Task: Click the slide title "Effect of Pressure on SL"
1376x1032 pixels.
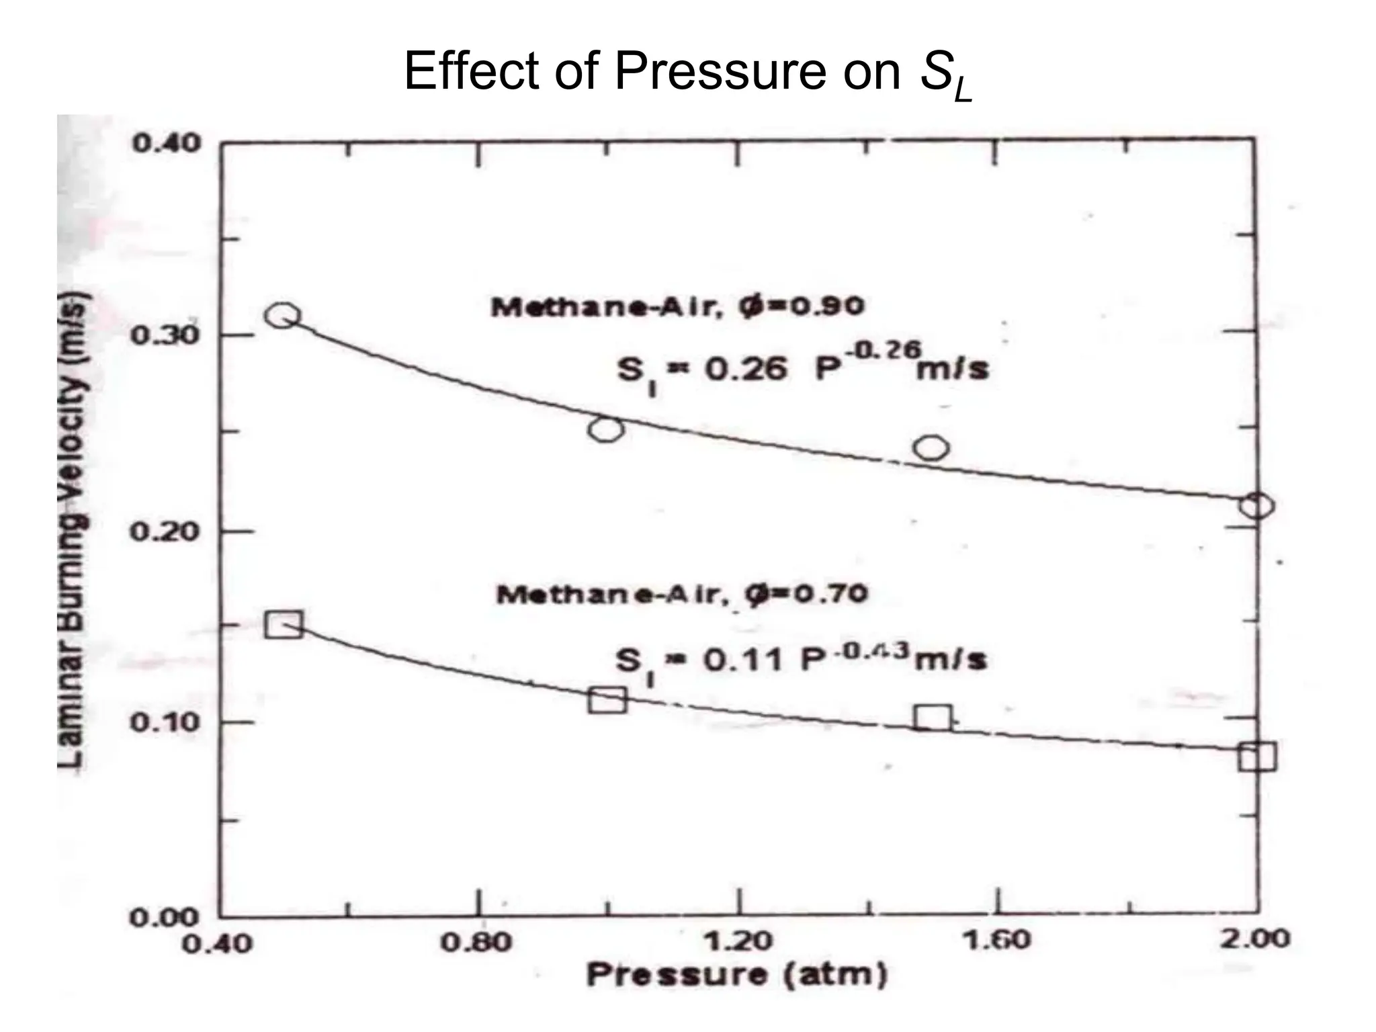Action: pos(688,73)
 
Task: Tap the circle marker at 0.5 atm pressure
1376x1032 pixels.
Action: pos(282,315)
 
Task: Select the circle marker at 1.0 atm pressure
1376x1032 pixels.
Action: pos(606,429)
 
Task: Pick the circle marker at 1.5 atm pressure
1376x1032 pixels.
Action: pos(932,447)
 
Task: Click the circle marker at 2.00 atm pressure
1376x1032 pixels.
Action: pos(1256,505)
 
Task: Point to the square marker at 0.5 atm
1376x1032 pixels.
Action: pos(284,625)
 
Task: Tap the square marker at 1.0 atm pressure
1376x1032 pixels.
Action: pos(607,699)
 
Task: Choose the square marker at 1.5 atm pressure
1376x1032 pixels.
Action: pos(933,718)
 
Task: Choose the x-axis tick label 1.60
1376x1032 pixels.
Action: pos(996,940)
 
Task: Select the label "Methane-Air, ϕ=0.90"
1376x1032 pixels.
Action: pos(677,307)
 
